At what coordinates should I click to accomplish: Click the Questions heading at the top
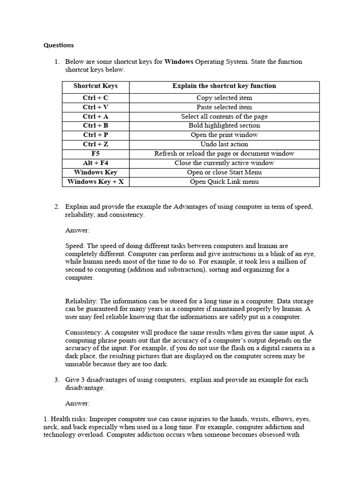[x=59, y=45]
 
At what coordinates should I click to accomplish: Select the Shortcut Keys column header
[x=96, y=86]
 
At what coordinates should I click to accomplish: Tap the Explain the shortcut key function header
[x=224, y=86]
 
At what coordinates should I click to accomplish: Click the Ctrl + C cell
[x=96, y=98]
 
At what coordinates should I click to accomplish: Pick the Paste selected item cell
[x=224, y=107]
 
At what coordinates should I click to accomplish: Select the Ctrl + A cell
[x=96, y=117]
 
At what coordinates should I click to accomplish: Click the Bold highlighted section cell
[x=224, y=126]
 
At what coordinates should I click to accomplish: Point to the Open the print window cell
[x=224, y=135]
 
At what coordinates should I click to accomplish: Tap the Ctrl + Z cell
[x=96, y=144]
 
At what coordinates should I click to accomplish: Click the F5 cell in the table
[x=96, y=154]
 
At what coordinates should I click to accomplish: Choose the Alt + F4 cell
[x=96, y=163]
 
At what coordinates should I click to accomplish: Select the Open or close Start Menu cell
[x=224, y=172]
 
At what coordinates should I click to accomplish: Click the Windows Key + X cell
[x=96, y=182]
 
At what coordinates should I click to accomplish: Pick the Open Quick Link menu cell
[x=224, y=182]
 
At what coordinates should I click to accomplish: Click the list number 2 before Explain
[x=56, y=207]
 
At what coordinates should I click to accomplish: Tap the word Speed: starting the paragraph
[x=75, y=246]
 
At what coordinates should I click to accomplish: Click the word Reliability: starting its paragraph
[x=81, y=301]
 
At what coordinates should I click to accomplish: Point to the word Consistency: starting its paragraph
[x=82, y=332]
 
